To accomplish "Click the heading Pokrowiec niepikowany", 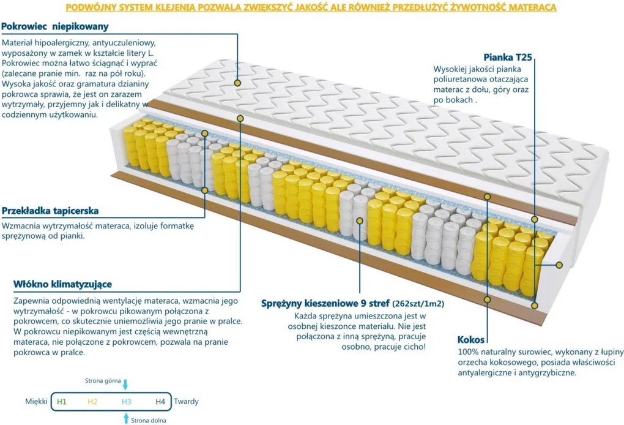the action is point(55,27).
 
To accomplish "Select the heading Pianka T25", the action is point(508,58).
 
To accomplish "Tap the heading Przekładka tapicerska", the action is point(50,211).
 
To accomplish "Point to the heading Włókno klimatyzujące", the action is point(62,284).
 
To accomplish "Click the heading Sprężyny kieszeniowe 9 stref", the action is point(325,304).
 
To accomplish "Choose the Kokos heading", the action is point(471,340).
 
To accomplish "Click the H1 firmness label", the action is point(62,402).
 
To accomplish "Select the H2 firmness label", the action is point(92,402).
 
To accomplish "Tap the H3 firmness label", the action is point(126,402).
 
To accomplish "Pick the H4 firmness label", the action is point(160,402).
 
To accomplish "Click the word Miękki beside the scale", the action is point(36,402).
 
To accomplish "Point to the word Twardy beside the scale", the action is point(186,402).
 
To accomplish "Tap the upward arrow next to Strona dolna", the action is point(126,418).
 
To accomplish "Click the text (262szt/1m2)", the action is point(418,304).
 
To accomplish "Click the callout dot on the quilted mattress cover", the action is point(237,83).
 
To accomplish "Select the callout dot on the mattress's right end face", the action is point(559,265).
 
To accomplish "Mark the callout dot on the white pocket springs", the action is point(359,220).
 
